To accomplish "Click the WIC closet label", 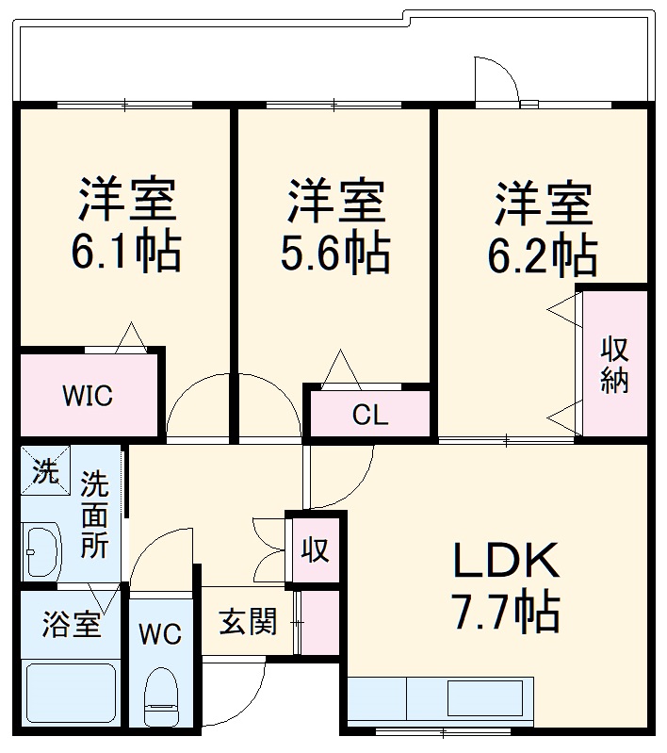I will point(88,396).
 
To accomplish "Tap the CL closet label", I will point(370,415).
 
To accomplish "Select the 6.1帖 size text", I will point(125,251).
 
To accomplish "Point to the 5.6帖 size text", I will point(335,251).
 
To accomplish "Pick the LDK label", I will point(507,564).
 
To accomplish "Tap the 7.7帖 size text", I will point(507,613).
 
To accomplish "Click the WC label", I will point(160,634).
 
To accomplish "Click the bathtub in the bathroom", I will point(71,696).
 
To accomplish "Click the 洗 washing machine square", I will point(44,469).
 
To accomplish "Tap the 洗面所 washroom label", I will point(93,516).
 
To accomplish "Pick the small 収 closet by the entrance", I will point(315,549).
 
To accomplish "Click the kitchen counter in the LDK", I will point(440,700).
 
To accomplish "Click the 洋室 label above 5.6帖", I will point(335,202).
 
